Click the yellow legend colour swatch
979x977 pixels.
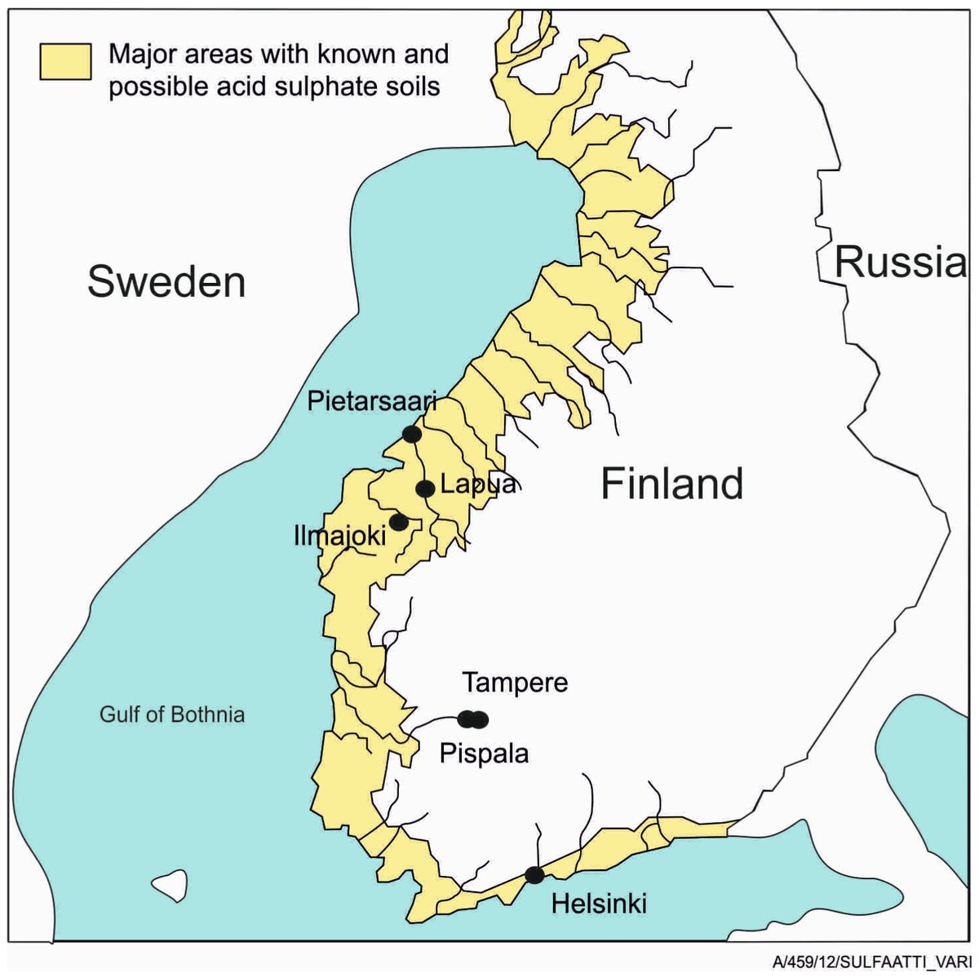coord(66,62)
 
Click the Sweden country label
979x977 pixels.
coord(166,282)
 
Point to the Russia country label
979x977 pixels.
coord(899,263)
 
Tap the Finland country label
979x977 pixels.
coord(672,484)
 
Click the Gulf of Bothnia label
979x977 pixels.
coord(172,715)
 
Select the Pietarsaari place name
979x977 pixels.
coord(372,401)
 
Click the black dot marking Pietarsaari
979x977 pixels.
coord(412,434)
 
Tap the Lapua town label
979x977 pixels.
coord(479,484)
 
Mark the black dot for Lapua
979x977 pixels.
coord(425,488)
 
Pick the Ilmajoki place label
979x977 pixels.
coord(340,536)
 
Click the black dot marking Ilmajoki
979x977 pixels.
coord(398,521)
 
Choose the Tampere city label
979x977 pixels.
coord(515,683)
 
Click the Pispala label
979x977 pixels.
coord(484,754)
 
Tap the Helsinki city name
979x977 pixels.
coord(599,904)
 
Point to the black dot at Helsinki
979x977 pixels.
coord(534,875)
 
